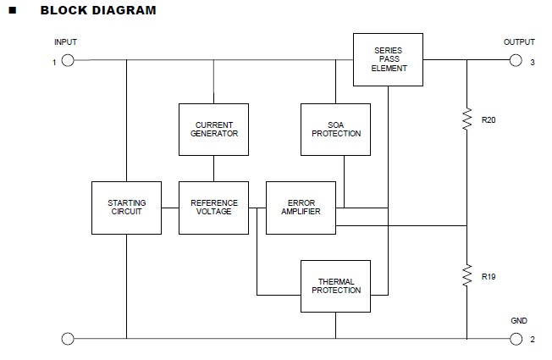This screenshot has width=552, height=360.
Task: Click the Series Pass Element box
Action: [x=388, y=59]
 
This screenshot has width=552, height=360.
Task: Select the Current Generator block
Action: [x=213, y=129]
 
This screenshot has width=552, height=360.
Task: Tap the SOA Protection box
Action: [x=335, y=129]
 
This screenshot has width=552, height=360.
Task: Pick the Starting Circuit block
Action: [x=126, y=208]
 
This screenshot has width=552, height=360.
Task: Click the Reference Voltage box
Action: [x=213, y=208]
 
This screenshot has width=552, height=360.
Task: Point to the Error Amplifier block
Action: [x=301, y=208]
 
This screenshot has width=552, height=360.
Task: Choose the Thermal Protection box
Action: [x=335, y=286]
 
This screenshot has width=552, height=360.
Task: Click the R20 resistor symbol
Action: [x=466, y=120]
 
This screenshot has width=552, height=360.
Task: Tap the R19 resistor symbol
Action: [x=466, y=276]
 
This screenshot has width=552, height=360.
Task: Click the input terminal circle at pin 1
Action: [x=68, y=60]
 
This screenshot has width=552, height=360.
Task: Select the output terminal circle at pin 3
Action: [x=515, y=60]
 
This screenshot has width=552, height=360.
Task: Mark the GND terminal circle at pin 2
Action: [x=515, y=339]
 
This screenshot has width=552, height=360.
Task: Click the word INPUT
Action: [x=65, y=42]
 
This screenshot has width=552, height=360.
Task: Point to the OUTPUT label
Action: [x=519, y=42]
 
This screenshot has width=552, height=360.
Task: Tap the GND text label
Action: [x=519, y=322]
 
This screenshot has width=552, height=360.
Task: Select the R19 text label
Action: [x=489, y=277]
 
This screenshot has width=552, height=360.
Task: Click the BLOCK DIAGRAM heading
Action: [x=98, y=11]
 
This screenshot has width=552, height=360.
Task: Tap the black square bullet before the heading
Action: [x=13, y=11]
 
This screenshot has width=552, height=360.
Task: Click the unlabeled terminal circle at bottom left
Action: [x=68, y=339]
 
